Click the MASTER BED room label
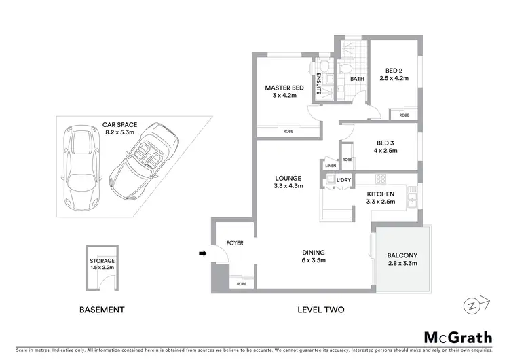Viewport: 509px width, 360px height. click(284, 88)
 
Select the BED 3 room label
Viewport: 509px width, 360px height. click(385, 143)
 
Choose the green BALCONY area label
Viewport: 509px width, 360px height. click(403, 255)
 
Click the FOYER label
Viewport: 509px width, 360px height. click(234, 242)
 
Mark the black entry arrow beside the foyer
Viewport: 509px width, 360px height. click(202, 255)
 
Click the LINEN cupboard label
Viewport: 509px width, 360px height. click(331, 166)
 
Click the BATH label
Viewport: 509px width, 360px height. click(357, 79)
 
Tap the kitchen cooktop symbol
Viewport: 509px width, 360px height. click(381, 179)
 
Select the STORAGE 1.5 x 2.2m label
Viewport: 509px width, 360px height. click(102, 264)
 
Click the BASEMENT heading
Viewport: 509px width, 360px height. click(102, 310)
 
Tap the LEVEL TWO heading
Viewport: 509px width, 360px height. click(321, 310)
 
